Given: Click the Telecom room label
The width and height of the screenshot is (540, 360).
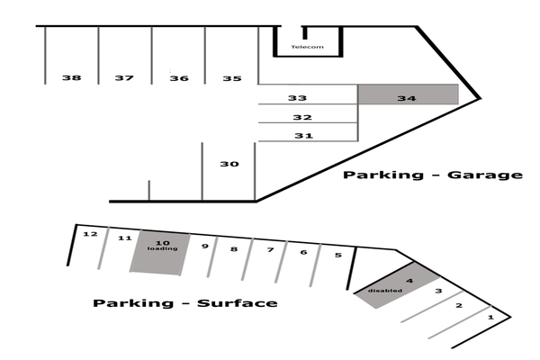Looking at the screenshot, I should point(307,47).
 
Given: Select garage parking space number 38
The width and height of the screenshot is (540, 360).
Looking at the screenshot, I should point(71,78).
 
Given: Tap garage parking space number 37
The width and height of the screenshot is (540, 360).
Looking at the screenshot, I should point(124,78).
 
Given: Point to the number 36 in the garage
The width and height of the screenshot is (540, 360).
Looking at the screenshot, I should point(179,78).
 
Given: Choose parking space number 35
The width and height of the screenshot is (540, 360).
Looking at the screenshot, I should point(232,78).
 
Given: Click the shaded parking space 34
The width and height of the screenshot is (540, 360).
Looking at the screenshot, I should point(407,94).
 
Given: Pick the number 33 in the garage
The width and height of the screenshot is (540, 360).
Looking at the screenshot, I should point(298,97).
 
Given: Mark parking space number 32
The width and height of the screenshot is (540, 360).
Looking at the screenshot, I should point(302,117).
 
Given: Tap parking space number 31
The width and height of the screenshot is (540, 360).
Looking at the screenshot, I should point(303,136).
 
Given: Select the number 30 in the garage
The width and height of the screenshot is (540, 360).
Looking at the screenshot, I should point(229,164).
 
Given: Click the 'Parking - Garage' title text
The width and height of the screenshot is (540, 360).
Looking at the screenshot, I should point(432,175).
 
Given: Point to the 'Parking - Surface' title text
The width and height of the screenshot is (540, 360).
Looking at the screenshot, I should point(184,303).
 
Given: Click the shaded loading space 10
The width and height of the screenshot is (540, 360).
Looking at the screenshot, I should point(161,251).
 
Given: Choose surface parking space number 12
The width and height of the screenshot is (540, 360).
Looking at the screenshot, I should point(89,235).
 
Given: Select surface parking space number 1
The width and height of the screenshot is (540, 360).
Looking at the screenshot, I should point(490,317).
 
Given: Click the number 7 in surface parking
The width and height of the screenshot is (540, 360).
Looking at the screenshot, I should point(269,249).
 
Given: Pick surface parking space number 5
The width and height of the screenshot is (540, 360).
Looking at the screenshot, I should point(337,255).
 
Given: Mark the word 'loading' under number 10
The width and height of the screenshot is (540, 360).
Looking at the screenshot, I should point(163,248).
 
